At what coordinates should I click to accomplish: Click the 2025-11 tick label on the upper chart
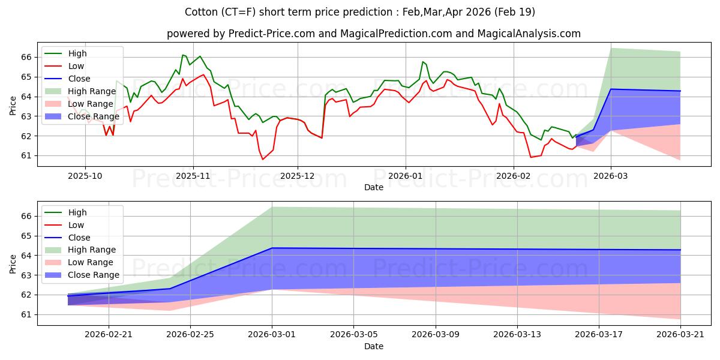pos(193,176)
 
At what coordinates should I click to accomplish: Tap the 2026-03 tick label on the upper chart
pos(611,176)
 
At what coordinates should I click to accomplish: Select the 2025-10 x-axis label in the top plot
pos(85,176)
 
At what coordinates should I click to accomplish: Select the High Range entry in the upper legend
pos(92,91)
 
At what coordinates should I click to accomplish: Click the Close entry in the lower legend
pos(79,238)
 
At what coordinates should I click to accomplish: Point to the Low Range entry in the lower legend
pos(91,262)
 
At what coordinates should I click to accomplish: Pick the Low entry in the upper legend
pos(76,66)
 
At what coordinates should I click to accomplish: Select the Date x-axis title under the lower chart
pos(373,346)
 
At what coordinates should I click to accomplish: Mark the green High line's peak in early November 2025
pos(182,55)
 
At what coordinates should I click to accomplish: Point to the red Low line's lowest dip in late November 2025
pos(262,159)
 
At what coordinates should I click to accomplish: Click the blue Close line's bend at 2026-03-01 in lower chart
pos(272,248)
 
